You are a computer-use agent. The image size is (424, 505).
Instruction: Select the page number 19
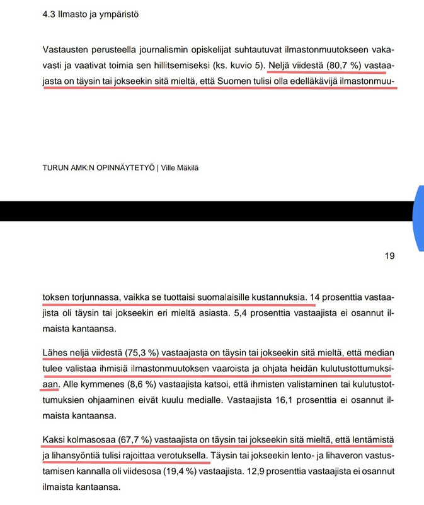[x=389, y=256]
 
